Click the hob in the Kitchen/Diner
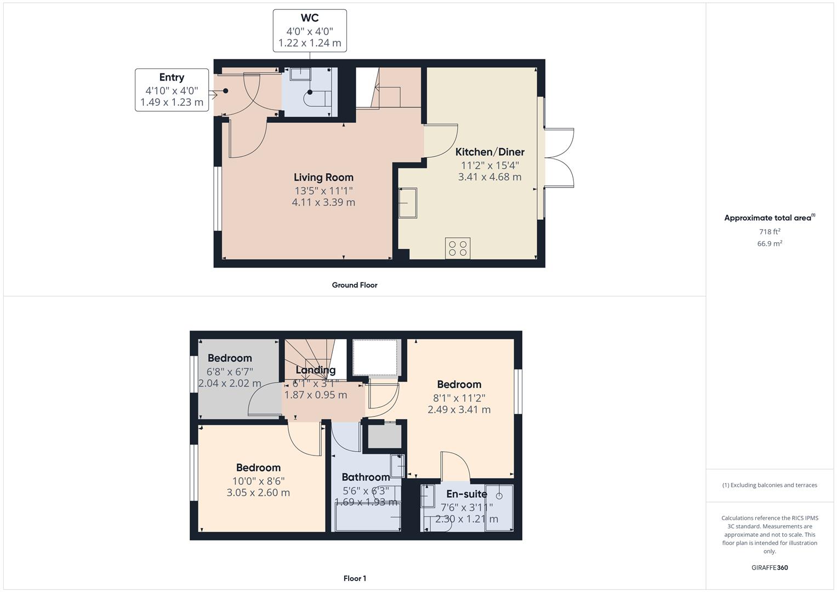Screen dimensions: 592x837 coord(458,248)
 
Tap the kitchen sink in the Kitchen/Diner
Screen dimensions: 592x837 coord(407,203)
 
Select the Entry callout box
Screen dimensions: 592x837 coord(172,90)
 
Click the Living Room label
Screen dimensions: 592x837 coord(323,177)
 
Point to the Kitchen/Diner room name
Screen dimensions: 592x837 coord(489,152)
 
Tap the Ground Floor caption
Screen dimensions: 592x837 coord(355,285)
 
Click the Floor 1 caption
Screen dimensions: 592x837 coord(355,578)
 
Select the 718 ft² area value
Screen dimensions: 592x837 coord(770,231)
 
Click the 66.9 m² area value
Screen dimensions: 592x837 coord(770,243)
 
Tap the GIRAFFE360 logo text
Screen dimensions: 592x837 coord(770,567)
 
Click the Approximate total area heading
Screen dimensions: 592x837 coord(769,218)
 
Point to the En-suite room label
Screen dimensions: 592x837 coord(466,494)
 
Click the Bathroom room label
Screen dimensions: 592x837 coord(366,477)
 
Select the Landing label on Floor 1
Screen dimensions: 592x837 coord(315,370)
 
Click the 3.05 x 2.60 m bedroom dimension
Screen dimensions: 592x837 coord(258,492)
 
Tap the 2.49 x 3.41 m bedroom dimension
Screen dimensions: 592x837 coord(459,409)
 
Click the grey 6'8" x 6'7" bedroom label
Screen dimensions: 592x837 coord(230,371)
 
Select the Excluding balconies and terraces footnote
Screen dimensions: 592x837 coord(770,485)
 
